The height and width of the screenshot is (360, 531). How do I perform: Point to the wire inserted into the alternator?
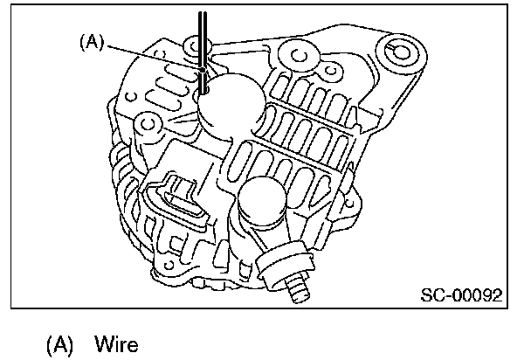click(x=203, y=61)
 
